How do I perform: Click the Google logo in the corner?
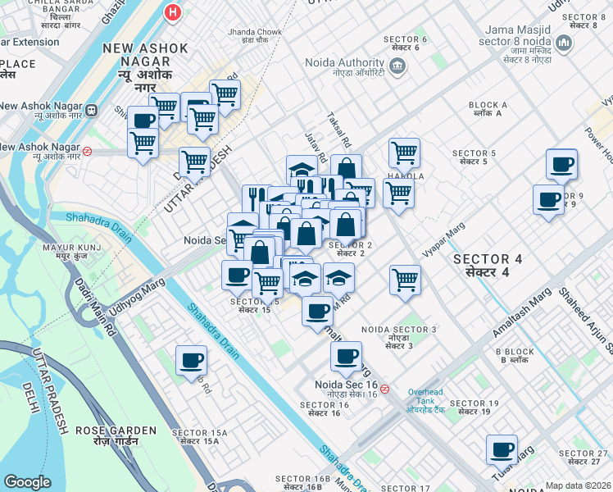click(27, 482)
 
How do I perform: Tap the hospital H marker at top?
click(172, 12)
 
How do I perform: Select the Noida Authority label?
click(344, 63)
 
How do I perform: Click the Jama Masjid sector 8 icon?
click(564, 42)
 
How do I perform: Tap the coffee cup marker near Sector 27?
click(502, 450)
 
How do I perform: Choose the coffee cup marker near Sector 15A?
click(192, 361)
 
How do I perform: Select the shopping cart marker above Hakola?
click(404, 152)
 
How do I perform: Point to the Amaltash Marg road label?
click(521, 316)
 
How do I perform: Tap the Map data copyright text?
click(579, 485)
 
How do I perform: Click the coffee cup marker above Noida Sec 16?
click(346, 357)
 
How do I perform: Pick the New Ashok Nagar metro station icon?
click(91, 108)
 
